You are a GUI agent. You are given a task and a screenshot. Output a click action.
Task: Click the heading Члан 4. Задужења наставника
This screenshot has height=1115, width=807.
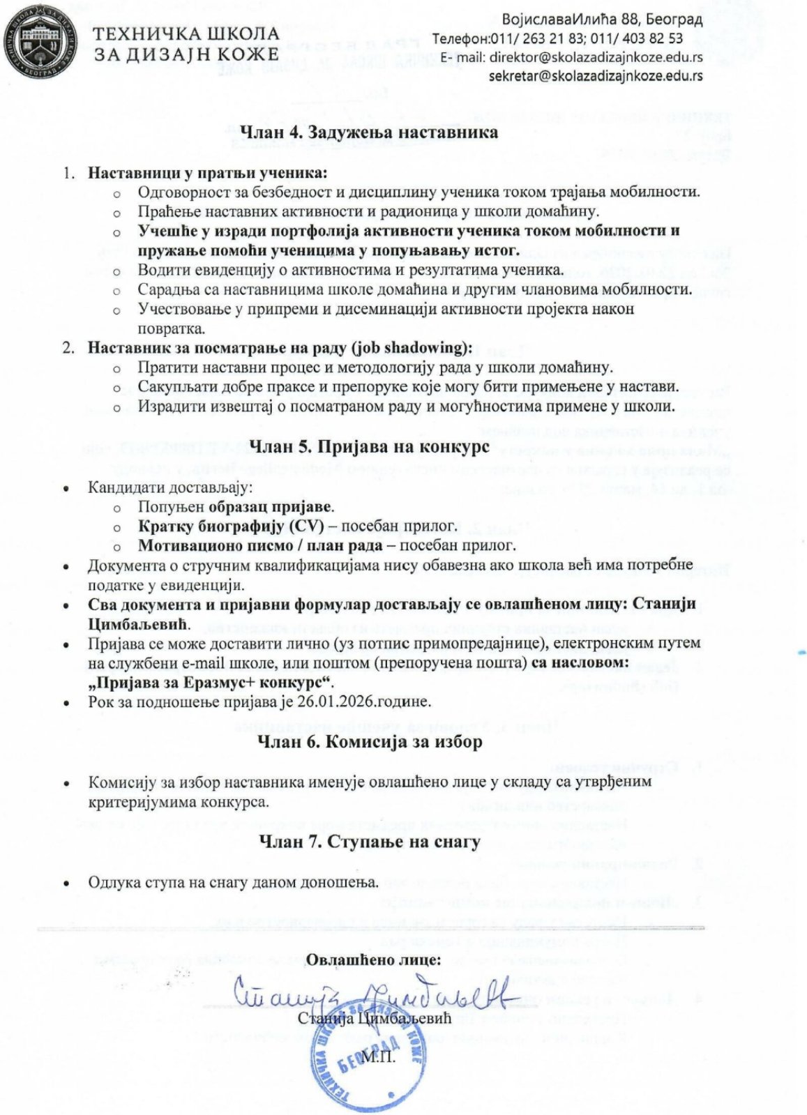point(369,132)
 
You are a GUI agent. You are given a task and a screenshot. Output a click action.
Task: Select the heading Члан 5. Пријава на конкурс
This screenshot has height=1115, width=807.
point(369,446)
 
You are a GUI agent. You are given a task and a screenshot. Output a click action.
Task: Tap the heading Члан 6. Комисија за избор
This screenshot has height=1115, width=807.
point(370,742)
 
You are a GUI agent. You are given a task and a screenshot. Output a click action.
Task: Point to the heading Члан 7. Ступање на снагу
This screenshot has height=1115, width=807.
point(370,842)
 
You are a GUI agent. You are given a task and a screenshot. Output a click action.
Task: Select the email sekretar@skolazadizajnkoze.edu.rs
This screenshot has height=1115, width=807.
point(596,76)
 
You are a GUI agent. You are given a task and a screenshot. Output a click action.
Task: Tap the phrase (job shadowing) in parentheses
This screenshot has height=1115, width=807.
point(412,347)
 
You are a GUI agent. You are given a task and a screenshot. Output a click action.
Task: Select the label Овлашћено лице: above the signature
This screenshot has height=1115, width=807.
point(374,959)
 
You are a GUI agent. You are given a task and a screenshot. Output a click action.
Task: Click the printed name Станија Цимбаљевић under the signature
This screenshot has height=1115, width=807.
point(375,1019)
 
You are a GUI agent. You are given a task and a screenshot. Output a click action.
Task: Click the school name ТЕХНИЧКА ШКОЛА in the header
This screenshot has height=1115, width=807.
point(186,33)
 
